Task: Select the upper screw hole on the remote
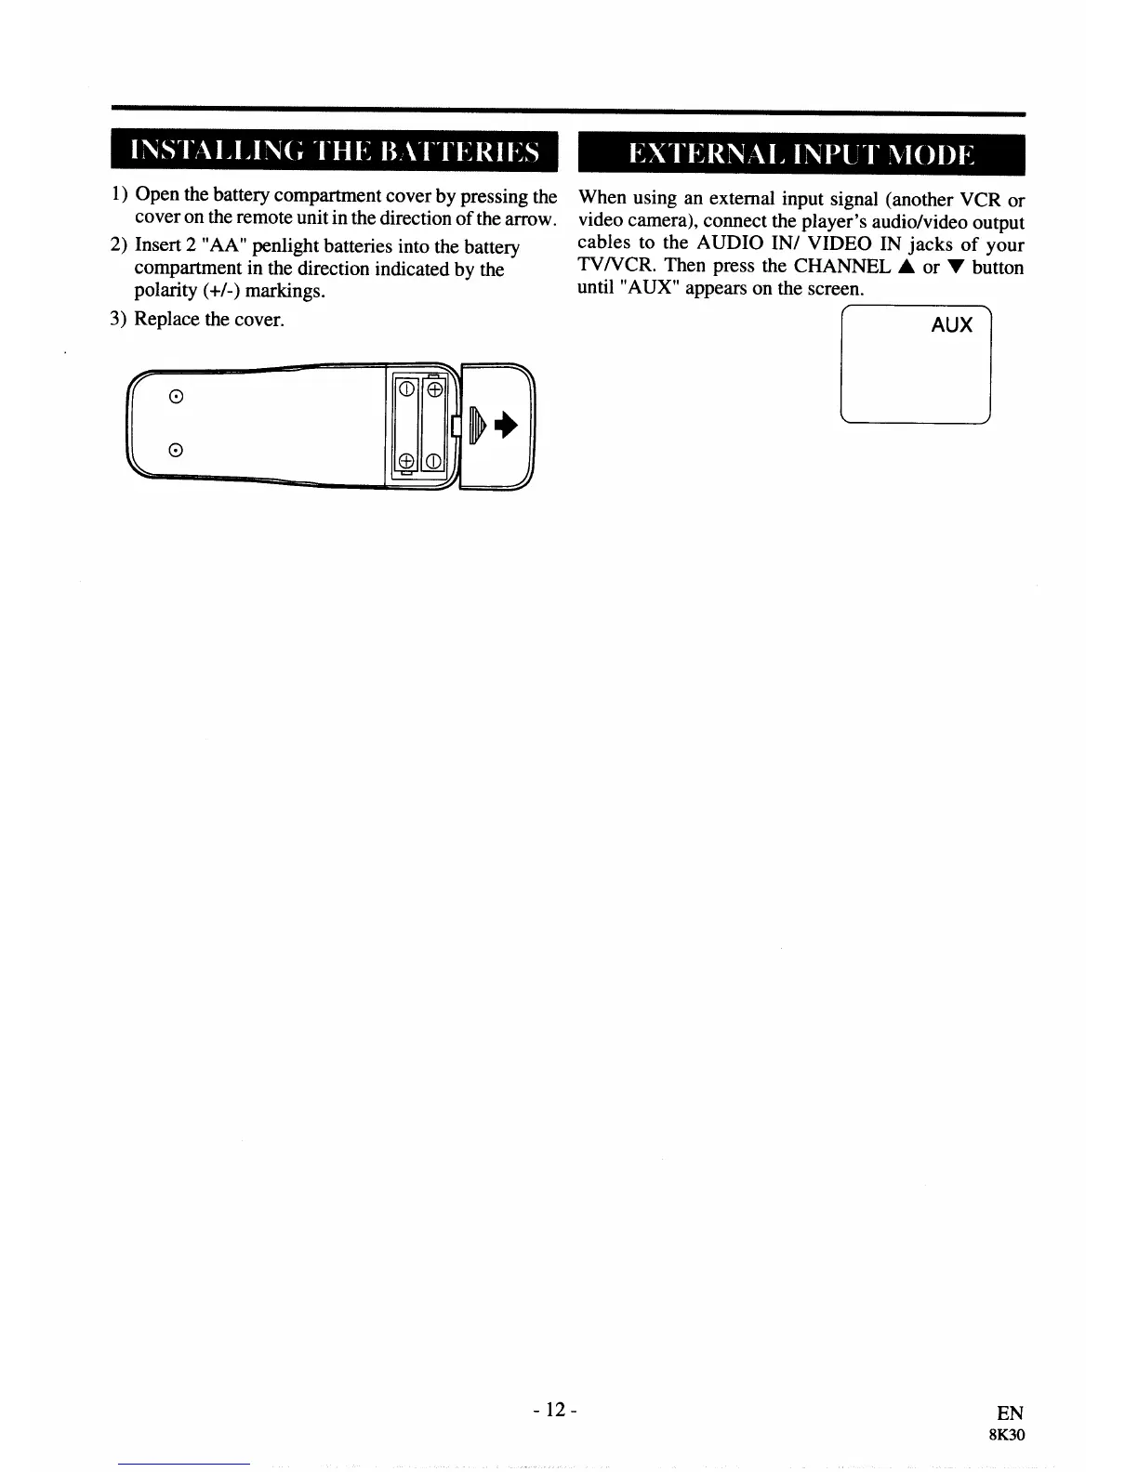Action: [x=175, y=397]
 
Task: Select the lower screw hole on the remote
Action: [x=175, y=451]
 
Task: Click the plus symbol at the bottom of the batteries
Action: [x=406, y=462]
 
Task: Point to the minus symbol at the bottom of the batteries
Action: [x=433, y=462]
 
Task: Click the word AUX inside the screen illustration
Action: [x=951, y=325]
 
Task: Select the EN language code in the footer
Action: [x=1010, y=1414]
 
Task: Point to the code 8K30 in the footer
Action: [x=1007, y=1435]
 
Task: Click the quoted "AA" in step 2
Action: [x=220, y=247]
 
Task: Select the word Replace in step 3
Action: [x=167, y=320]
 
